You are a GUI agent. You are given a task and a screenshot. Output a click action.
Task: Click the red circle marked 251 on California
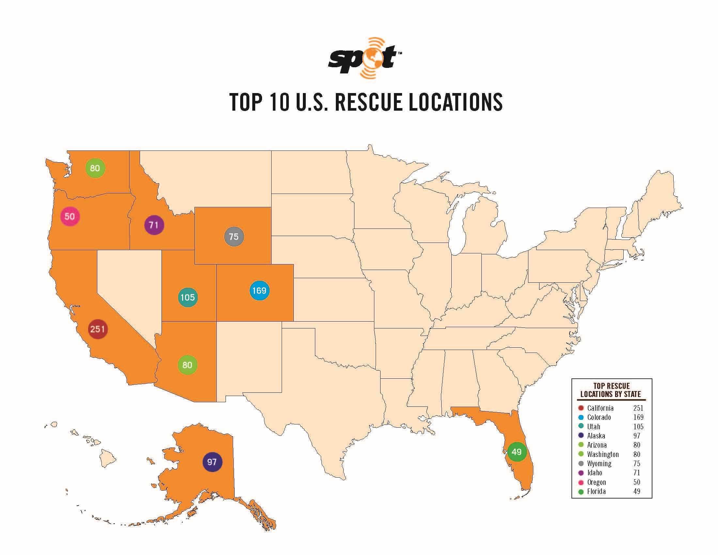click(98, 329)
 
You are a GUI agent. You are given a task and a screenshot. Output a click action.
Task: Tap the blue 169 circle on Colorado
click(259, 291)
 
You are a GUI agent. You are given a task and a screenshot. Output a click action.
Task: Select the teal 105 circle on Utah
click(188, 297)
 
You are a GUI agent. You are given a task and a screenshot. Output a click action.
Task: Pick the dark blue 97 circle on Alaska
click(212, 462)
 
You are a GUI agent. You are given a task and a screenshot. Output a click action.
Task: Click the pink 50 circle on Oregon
click(70, 216)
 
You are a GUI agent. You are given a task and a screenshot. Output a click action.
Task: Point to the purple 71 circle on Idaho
click(154, 225)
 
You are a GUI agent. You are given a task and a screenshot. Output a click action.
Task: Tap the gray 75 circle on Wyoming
click(234, 236)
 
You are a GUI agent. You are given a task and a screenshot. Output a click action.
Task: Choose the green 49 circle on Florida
click(517, 452)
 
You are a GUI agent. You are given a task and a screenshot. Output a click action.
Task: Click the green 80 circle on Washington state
click(95, 168)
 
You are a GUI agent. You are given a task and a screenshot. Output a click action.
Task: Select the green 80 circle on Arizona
click(187, 365)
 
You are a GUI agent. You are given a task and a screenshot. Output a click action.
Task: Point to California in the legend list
click(600, 408)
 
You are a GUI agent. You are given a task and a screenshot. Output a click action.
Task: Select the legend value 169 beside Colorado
click(638, 417)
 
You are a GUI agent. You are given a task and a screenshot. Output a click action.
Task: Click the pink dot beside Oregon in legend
click(581, 482)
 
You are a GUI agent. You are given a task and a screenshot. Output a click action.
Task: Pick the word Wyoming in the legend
click(599, 464)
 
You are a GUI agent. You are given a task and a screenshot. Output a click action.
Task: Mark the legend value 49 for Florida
click(637, 492)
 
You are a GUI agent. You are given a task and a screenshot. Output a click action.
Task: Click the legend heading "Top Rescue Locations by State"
click(611, 390)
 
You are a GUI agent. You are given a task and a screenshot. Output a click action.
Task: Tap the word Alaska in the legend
click(596, 436)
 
